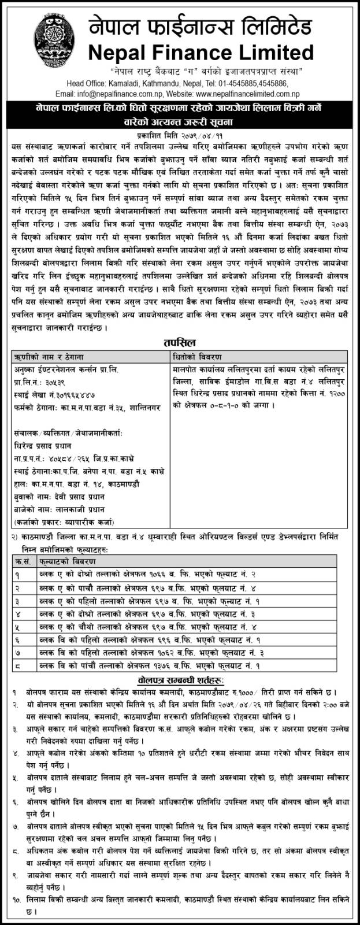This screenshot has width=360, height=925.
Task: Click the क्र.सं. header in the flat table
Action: pos(23,561)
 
